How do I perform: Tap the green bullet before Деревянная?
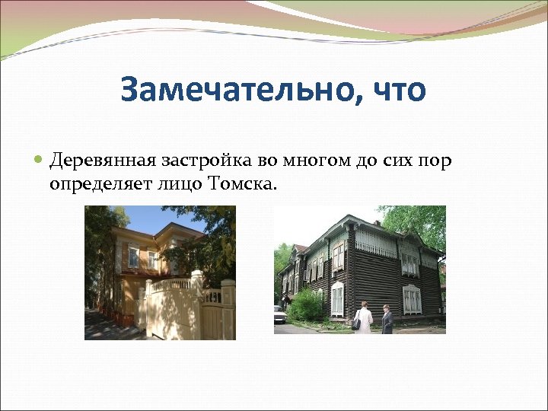(40, 161)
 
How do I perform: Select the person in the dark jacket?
(387, 319)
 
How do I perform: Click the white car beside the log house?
(279, 314)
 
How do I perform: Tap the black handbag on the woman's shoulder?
(356, 323)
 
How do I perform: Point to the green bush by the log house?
(307, 306)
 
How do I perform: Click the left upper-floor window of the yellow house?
(133, 257)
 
